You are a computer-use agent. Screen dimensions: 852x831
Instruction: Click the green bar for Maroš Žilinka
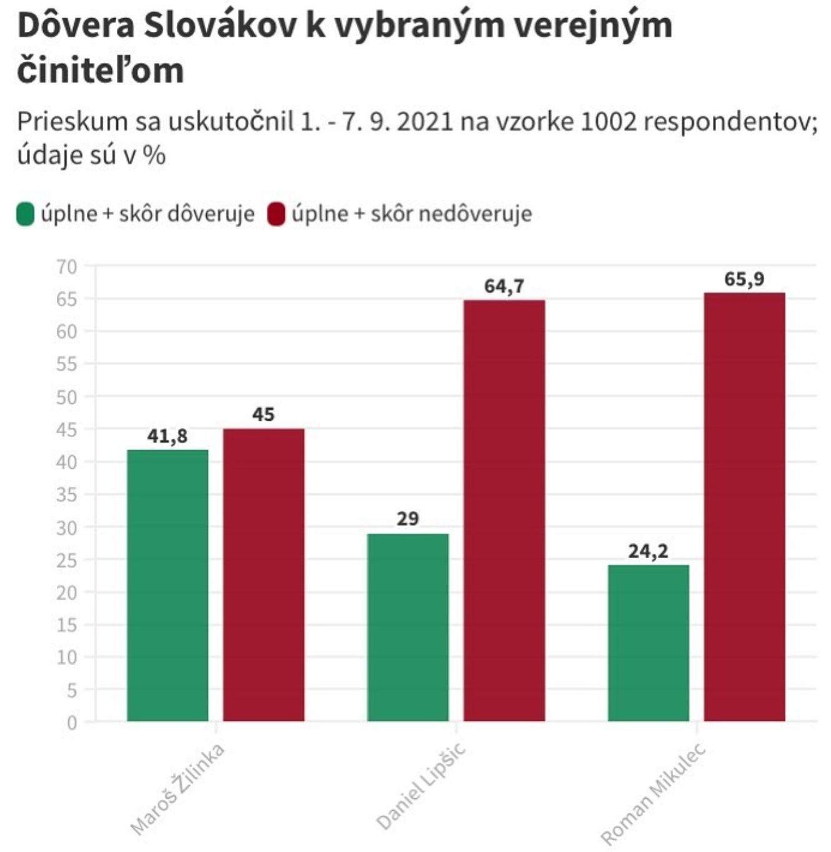point(167,585)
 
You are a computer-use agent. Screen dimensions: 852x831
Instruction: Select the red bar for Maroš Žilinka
point(264,574)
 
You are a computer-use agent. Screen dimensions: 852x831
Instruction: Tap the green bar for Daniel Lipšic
point(408,627)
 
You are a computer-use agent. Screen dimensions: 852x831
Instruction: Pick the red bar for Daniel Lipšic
point(504,510)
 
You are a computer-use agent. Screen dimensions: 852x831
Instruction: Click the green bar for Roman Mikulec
point(649,643)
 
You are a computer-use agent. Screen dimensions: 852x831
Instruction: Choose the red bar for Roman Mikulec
point(745,506)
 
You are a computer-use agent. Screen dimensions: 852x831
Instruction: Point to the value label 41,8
point(167,436)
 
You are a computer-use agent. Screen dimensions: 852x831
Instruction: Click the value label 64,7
point(504,286)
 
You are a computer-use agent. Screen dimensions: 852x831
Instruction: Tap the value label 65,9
point(744,279)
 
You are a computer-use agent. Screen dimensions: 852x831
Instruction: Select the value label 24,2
point(648,551)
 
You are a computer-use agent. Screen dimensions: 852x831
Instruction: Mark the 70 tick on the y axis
point(67,267)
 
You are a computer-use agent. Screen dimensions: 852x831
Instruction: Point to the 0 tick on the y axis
point(72,723)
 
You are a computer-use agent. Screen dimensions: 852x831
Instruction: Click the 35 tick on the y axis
point(67,495)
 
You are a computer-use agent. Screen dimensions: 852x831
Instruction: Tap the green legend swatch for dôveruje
point(26,214)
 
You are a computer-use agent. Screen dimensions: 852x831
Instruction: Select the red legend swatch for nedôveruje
point(276,214)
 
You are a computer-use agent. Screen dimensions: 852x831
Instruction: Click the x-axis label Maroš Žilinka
point(177,789)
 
